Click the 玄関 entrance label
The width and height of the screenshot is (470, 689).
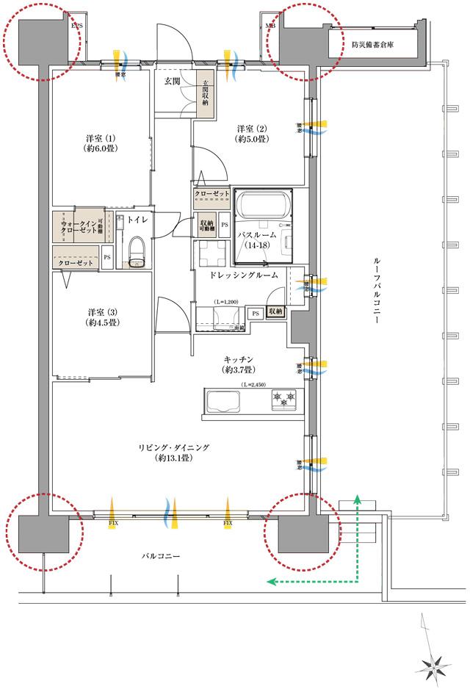pyautogui.click(x=173, y=82)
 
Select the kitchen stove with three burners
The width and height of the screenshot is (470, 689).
pyautogui.click(x=283, y=400)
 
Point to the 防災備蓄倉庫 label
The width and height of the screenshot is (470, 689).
pyautogui.click(x=373, y=44)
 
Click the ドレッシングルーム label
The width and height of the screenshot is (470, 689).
pyautogui.click(x=243, y=275)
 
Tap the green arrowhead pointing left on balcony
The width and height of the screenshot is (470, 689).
pyautogui.click(x=270, y=582)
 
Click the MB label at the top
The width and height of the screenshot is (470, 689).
pyautogui.click(x=270, y=24)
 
